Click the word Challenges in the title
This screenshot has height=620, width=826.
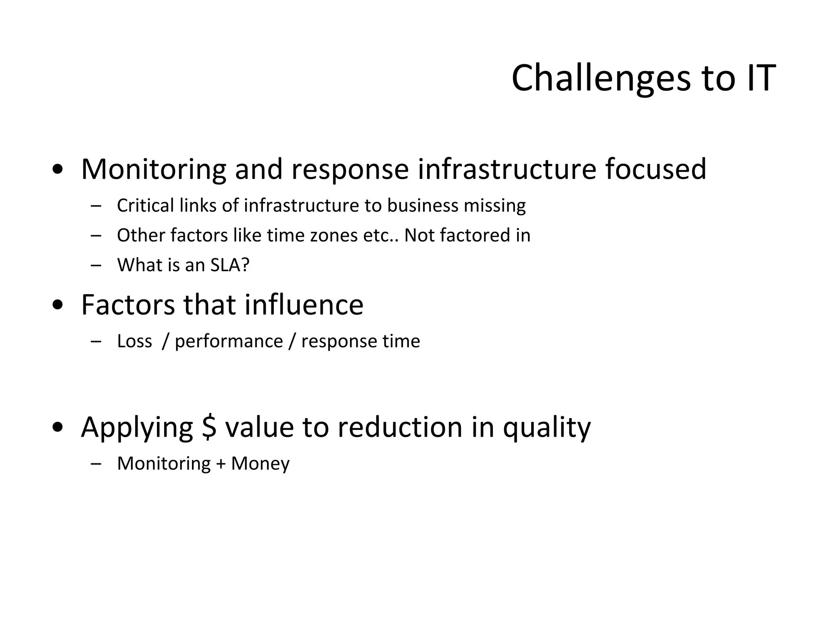601,79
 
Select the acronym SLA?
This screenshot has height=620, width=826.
230,265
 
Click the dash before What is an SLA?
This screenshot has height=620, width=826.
96,265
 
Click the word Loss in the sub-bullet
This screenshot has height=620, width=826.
134,341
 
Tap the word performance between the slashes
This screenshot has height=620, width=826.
229,341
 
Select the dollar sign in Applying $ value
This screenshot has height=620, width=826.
209,427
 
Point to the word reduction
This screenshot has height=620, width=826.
400,427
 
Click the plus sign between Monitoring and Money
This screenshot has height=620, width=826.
220,464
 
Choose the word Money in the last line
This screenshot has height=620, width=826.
260,464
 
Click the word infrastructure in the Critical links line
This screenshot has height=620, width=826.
301,205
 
